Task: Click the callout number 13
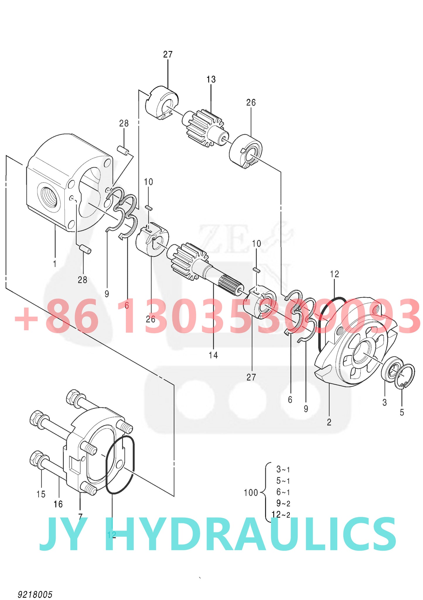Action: [211, 79]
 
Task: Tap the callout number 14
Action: [213, 355]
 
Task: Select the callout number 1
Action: [55, 264]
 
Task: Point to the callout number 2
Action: [329, 422]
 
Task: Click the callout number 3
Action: [384, 402]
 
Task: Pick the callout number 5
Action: [402, 412]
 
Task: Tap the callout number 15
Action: [41, 494]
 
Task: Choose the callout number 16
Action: [58, 504]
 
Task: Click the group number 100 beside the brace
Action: [251, 493]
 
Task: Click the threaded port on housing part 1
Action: [49, 198]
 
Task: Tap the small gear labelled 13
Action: [205, 128]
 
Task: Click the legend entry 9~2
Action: [283, 503]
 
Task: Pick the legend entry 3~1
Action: [283, 469]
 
